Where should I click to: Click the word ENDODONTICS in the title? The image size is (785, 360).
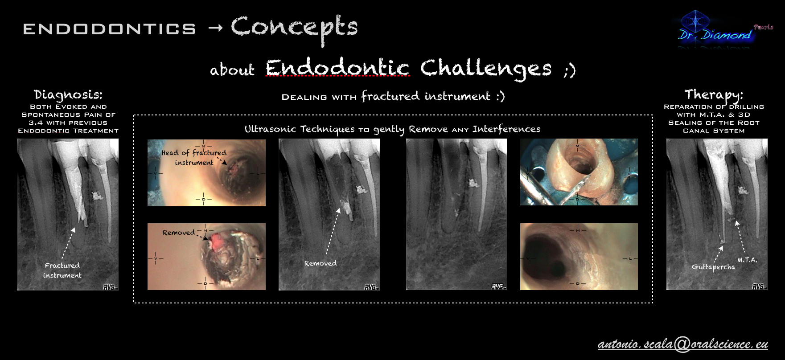109,29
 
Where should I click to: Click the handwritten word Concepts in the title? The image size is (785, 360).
294,28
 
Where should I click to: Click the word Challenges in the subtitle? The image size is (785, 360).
486,68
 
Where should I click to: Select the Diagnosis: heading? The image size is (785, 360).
68,95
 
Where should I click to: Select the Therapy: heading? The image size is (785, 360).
714,95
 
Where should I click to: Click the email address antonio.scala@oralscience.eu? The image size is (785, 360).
683,344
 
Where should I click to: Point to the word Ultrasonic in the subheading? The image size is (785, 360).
270,129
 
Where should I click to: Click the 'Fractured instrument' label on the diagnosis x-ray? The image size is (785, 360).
62,270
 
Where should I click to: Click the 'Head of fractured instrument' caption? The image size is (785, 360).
194,157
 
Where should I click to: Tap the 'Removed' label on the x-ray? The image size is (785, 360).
321,263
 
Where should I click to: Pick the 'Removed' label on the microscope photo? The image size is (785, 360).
179,233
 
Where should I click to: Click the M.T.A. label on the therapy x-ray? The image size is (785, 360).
747,260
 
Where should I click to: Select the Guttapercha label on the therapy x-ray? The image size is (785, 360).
713,267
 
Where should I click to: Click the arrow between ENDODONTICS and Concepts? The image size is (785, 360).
215,29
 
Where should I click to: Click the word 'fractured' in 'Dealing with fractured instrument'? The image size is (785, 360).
390,96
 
